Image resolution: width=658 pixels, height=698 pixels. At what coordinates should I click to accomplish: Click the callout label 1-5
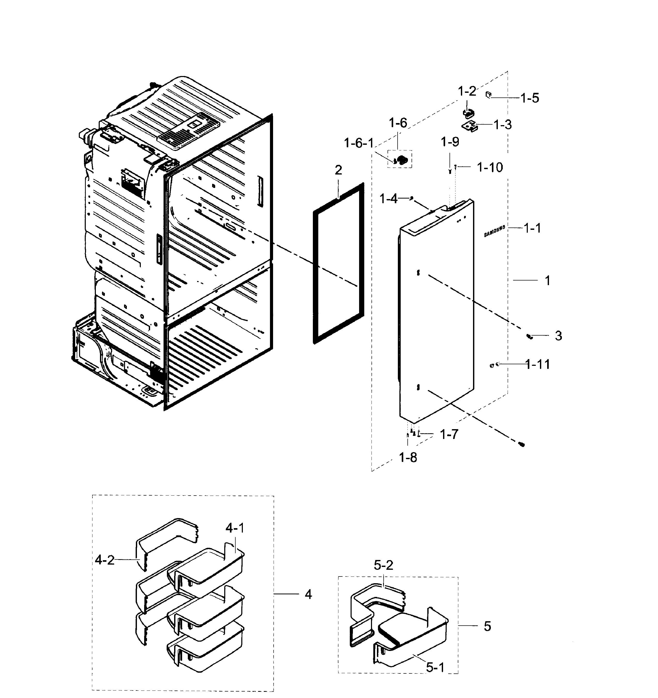click(x=530, y=98)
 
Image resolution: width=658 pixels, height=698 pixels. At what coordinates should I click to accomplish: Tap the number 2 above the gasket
click(x=338, y=170)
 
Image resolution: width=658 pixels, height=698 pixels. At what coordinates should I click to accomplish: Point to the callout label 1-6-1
click(x=359, y=143)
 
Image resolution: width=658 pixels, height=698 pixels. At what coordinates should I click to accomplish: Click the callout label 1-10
click(x=490, y=168)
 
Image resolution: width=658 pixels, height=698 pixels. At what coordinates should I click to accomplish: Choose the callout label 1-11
click(x=538, y=365)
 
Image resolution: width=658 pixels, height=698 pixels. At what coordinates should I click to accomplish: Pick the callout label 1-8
click(x=408, y=458)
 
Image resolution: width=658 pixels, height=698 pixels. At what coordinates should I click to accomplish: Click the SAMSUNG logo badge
click(x=494, y=231)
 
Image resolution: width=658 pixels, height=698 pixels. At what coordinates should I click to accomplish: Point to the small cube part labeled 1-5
click(x=488, y=94)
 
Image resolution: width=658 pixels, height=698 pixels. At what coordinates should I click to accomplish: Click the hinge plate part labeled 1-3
click(x=470, y=126)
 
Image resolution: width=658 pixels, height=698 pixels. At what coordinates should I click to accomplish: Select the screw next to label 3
click(x=530, y=337)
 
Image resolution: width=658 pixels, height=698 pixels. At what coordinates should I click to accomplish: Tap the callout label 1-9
click(x=450, y=142)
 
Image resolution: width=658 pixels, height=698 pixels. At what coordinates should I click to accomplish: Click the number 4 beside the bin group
click(x=308, y=594)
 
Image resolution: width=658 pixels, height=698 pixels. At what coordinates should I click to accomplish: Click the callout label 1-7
click(x=449, y=435)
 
